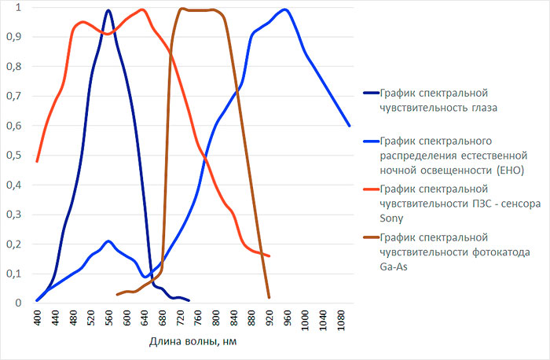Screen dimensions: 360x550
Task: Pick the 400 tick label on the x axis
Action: [38, 318]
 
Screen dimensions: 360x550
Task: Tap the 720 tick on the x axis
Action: [180, 318]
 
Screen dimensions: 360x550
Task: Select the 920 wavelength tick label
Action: [269, 318]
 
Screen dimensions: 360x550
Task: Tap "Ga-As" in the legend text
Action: [394, 266]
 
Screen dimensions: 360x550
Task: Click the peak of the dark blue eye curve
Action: [108, 10]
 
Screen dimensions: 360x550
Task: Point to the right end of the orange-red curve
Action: [269, 256]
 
